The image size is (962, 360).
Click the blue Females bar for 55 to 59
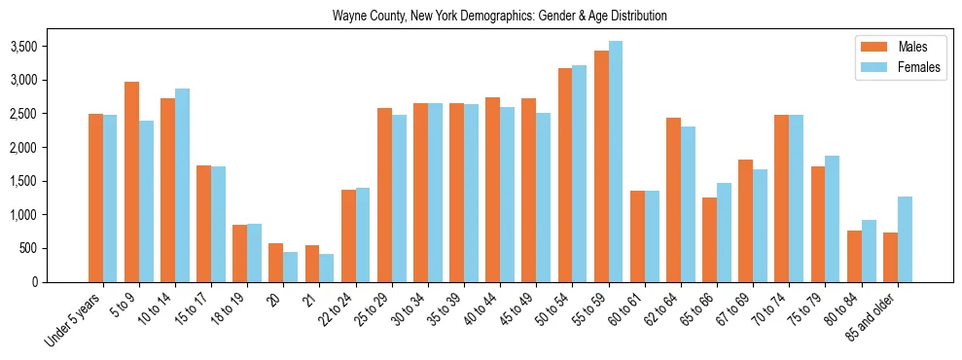click(x=615, y=162)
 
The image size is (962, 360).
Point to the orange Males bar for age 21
click(x=311, y=264)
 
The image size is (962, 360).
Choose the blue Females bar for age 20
click(x=290, y=267)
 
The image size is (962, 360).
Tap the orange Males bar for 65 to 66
click(x=708, y=239)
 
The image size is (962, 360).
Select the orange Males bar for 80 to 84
click(x=854, y=256)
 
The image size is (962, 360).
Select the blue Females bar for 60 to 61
click(x=652, y=236)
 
